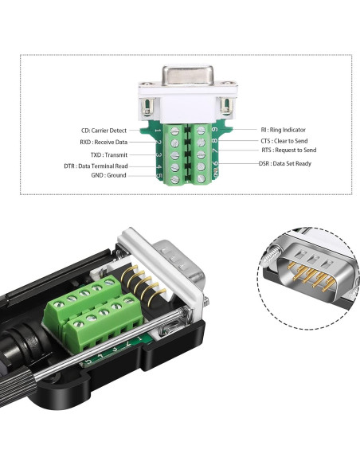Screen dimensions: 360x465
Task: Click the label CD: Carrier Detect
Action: pos(104,131)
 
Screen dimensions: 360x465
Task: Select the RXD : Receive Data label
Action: pos(104,142)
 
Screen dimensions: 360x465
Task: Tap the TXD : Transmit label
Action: pos(109,154)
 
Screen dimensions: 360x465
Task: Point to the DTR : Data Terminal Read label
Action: pos(96,166)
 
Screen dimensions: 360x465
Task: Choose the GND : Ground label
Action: pos(108,175)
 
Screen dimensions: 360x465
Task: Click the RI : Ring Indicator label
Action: pos(284,130)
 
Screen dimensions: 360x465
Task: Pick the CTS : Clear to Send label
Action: pos(284,141)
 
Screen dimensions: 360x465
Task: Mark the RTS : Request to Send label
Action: pos(289,150)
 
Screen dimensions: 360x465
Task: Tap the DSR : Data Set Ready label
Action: pos(285,163)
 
